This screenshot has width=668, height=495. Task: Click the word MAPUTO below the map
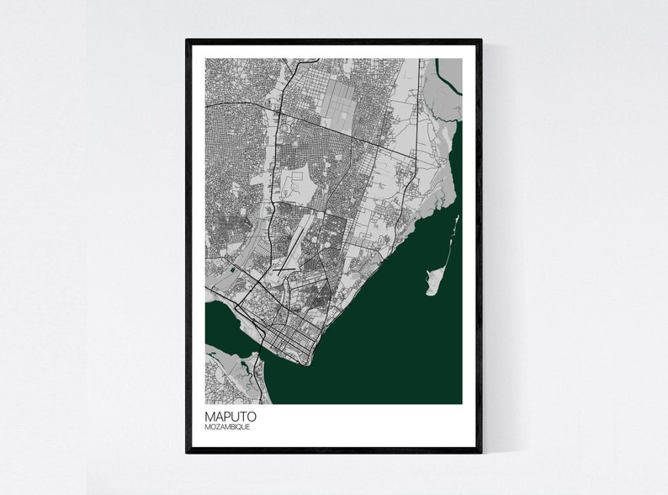pos(231,416)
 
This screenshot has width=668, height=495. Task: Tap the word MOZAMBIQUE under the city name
pos(227,428)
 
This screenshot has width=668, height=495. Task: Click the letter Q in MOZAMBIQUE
pos(245,428)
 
